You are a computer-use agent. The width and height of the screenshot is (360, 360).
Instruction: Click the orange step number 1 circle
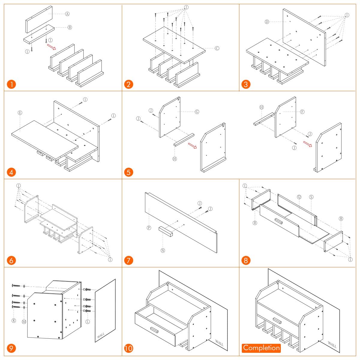11,84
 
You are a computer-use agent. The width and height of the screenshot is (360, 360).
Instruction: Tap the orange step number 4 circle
11,172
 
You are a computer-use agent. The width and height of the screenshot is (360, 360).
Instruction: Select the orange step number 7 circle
129,260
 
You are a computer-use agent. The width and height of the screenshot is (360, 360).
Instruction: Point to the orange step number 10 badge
129,348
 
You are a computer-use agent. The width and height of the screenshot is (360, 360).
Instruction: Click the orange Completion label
261,348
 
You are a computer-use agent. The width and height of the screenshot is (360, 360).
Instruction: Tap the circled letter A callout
67,14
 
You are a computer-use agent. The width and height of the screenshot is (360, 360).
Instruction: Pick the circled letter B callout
70,28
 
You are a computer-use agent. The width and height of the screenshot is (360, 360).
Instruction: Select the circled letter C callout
217,48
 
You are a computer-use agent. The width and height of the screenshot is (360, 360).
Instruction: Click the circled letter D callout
267,22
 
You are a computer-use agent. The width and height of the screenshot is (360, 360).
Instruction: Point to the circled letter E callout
20,113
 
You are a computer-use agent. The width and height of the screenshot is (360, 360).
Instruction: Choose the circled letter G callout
197,112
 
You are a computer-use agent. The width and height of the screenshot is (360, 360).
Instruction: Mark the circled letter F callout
302,112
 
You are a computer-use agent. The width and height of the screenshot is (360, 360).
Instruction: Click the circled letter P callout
149,228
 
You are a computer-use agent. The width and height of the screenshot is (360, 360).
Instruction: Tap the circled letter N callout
163,250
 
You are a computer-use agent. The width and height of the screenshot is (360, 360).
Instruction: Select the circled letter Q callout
299,197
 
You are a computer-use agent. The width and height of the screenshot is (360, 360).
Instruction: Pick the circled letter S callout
311,197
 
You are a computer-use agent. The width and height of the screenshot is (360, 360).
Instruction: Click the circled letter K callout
14,321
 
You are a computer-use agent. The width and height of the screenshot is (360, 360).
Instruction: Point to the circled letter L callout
88,322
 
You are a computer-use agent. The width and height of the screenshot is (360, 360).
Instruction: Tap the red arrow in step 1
51,47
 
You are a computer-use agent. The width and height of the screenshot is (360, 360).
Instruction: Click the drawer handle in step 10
154,330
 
